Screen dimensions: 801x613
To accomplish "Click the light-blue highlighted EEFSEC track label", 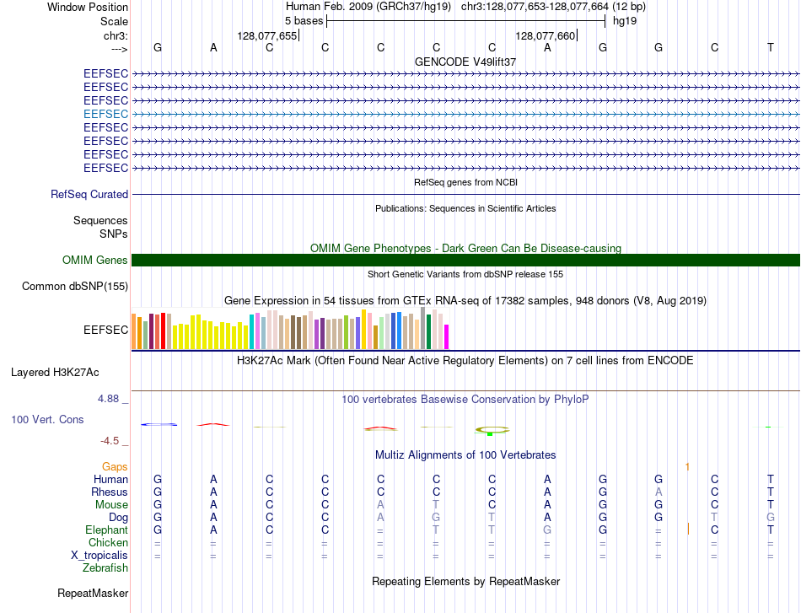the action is point(105,114).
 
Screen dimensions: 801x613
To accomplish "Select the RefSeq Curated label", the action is point(89,194).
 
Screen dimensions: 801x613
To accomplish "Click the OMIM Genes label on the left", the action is point(94,260).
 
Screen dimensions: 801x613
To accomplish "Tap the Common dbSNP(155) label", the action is point(75,286).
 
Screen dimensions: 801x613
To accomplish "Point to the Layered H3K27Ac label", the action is point(55,373).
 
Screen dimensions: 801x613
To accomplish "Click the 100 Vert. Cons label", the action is point(47,419).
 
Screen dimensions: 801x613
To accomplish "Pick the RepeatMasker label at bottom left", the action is point(93,593).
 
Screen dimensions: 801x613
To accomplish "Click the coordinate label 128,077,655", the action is point(266,35).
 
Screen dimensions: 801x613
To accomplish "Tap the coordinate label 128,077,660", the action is point(545,35).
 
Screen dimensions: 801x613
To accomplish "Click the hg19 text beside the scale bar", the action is point(625,21).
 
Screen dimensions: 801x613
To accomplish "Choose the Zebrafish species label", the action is point(105,567).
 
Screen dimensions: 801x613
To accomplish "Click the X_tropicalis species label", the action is point(99,556).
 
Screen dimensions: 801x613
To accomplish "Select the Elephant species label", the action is point(106,530).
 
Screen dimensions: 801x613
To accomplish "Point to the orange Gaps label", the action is point(115,466).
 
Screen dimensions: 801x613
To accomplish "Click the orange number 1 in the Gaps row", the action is point(687,466).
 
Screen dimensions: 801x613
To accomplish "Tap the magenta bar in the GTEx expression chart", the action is point(447,337).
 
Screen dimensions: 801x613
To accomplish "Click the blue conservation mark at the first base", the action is point(159,424).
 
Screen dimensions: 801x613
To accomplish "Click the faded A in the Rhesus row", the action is point(659,492).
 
